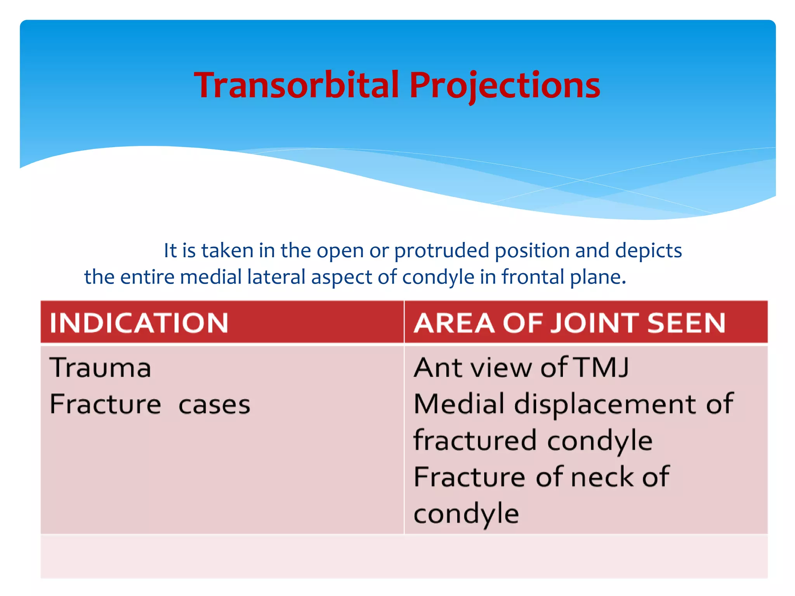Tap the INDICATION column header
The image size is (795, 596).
[x=139, y=323]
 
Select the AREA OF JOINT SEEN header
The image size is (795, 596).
[x=569, y=323]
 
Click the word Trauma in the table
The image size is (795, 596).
[x=101, y=367]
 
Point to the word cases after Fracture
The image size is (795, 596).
[x=214, y=404]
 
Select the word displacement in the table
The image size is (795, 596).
[x=606, y=404]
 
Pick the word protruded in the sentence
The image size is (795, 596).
[x=441, y=251]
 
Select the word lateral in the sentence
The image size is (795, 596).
[x=276, y=277]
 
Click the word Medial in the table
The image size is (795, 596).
[x=460, y=404]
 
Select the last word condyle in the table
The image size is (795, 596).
[x=466, y=514]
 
